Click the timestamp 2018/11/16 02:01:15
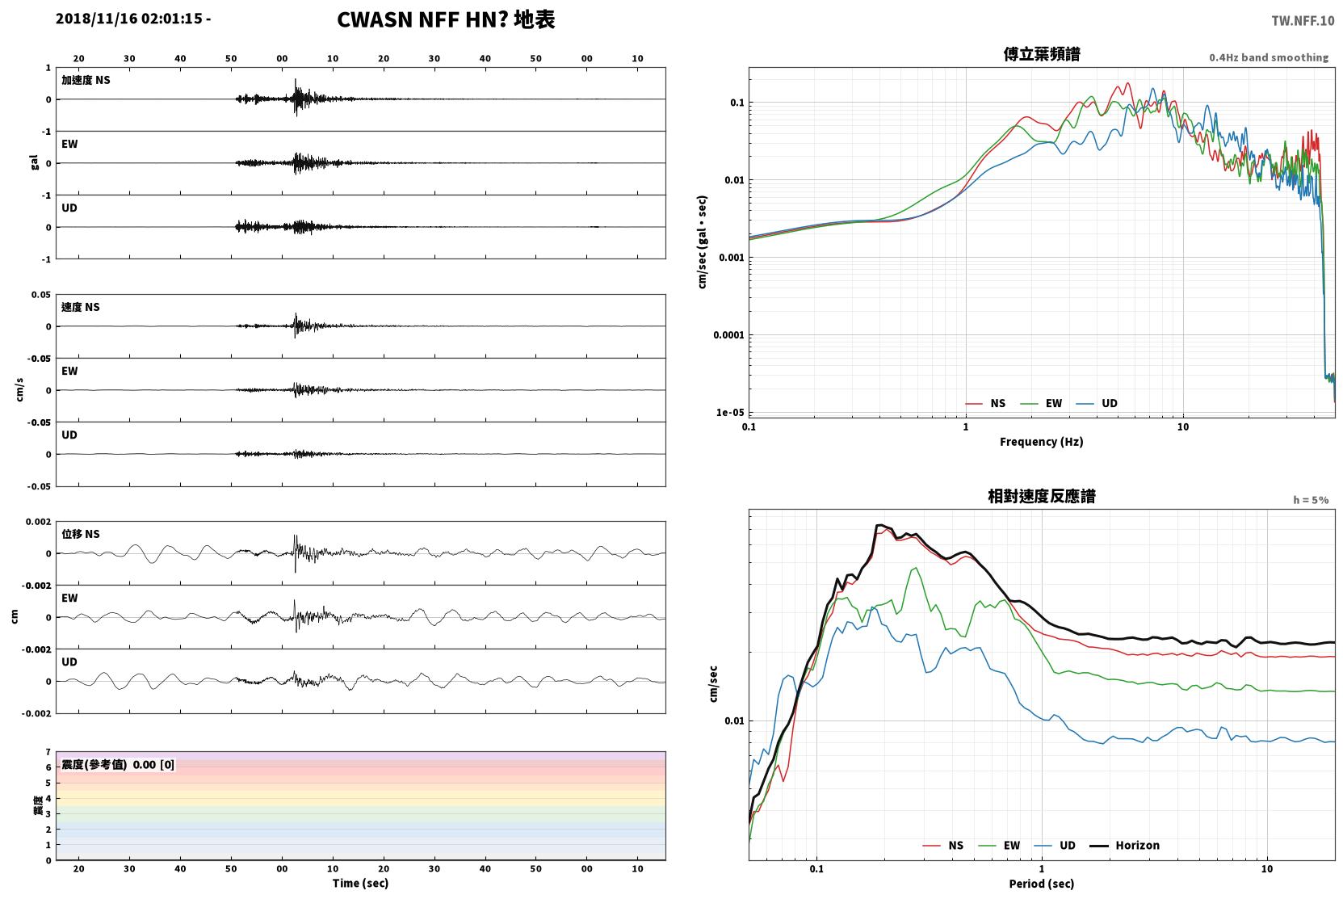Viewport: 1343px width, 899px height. [x=129, y=19]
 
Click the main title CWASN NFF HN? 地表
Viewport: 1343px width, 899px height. [x=446, y=20]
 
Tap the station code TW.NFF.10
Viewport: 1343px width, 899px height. [x=1303, y=21]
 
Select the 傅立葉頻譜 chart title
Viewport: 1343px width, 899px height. [x=1042, y=55]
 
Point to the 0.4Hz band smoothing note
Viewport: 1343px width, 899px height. [x=1269, y=57]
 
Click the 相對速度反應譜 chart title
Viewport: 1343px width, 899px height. [x=1042, y=496]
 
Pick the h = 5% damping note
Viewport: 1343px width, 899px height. [x=1311, y=499]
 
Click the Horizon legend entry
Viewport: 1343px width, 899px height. [x=1124, y=845]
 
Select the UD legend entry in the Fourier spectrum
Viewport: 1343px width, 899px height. [x=1097, y=403]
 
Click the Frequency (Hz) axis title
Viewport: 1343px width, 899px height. [x=1042, y=442]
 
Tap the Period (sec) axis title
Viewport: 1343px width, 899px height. [x=1042, y=884]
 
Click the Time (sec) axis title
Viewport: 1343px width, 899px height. [x=360, y=883]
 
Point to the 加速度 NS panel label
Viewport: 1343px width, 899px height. [x=86, y=80]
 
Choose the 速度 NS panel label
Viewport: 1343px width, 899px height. [x=80, y=307]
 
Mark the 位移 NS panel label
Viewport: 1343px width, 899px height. [x=80, y=534]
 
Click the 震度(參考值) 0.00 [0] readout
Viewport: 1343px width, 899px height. [x=118, y=765]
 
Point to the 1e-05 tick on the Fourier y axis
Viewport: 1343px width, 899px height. [x=730, y=412]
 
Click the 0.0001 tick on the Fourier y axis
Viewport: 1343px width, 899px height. [x=728, y=334]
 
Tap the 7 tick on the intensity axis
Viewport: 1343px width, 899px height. [x=48, y=752]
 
